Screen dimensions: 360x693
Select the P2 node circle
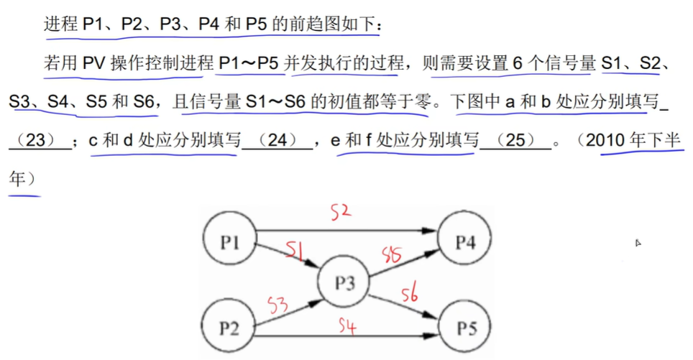click(x=229, y=329)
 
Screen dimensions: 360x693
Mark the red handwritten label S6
click(x=410, y=294)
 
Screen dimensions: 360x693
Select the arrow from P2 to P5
click(x=345, y=336)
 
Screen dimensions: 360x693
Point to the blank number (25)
click(x=515, y=141)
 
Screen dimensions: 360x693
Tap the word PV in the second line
click(x=93, y=64)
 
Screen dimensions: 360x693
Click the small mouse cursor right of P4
click(x=638, y=243)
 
